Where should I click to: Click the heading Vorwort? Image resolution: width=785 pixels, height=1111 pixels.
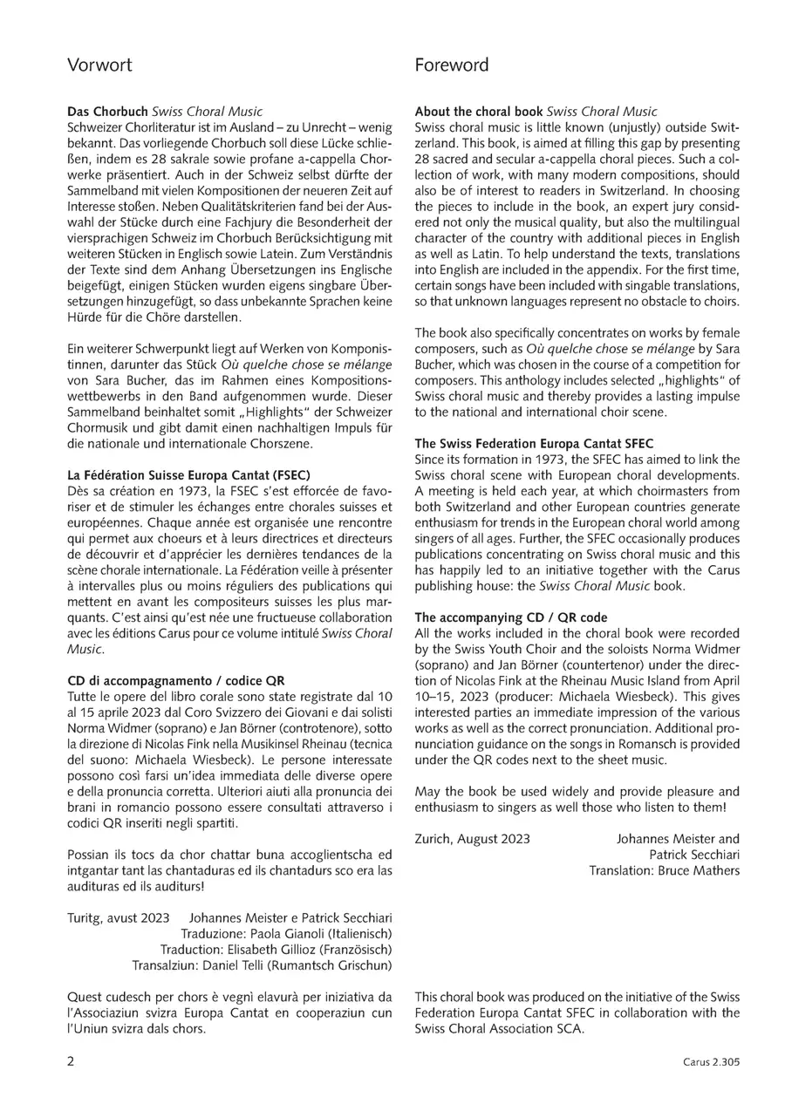tap(99, 65)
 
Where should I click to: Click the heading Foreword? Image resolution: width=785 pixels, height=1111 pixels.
tap(452, 65)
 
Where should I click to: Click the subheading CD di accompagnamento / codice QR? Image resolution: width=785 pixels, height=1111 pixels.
tap(176, 680)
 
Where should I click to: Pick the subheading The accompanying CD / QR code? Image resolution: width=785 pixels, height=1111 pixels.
tap(511, 617)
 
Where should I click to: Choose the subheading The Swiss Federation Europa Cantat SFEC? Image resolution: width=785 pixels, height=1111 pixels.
tap(534, 444)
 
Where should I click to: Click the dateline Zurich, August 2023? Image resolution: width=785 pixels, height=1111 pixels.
tap(472, 839)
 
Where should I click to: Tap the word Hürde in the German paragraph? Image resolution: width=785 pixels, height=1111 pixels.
tap(85, 317)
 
